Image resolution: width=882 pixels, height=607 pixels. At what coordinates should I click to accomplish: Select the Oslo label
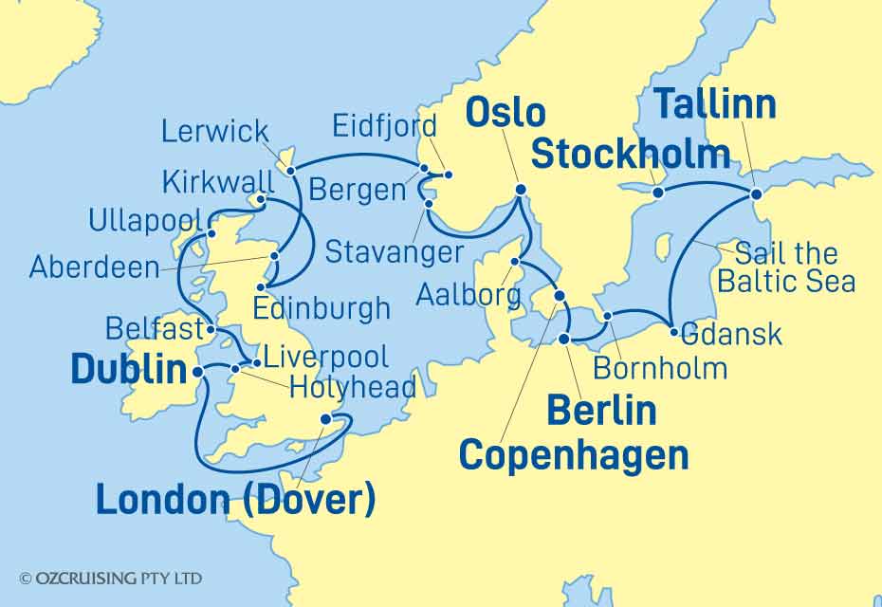(505, 112)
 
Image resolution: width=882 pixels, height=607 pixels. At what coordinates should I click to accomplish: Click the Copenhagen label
(574, 455)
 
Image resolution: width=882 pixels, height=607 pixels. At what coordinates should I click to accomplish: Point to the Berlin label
(601, 411)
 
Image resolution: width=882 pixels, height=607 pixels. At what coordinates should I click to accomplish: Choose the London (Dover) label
(235, 500)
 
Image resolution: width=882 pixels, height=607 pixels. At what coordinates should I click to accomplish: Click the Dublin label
(129, 371)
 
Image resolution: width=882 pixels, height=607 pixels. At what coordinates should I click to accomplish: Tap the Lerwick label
(215, 131)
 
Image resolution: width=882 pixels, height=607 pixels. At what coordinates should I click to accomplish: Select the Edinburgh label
(322, 308)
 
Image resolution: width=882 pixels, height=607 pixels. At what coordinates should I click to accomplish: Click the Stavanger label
(395, 252)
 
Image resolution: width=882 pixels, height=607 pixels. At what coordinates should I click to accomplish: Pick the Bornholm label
(661, 367)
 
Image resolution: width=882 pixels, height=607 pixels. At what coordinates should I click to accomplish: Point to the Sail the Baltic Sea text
(786, 267)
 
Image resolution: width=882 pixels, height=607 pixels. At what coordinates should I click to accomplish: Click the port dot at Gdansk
(673, 332)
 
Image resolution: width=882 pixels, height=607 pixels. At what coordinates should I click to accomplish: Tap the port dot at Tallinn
(756, 193)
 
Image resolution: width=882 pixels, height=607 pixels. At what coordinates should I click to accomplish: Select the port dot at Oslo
(520, 191)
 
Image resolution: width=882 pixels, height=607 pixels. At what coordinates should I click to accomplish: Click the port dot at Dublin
(198, 373)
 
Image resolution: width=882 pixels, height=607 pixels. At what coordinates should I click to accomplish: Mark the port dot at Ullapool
(212, 233)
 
